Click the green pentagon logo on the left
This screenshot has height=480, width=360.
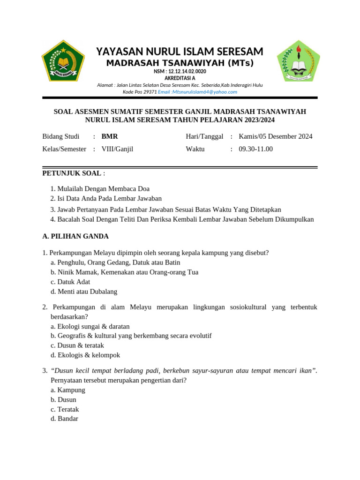click(x=63, y=61)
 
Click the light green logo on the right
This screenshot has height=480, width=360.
click(x=298, y=61)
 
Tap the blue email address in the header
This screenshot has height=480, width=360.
click(x=197, y=92)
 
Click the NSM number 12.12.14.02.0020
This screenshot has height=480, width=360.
click(x=180, y=71)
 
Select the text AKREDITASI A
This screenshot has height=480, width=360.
click(x=180, y=78)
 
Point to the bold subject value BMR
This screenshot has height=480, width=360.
click(x=110, y=136)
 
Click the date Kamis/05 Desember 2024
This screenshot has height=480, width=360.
click(x=276, y=136)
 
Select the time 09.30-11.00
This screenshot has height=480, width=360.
click(x=255, y=149)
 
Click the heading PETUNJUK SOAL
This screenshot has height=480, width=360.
click(x=72, y=173)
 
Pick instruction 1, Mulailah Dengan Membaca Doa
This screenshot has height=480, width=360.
click(x=103, y=188)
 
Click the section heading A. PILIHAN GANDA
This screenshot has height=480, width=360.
click(x=75, y=236)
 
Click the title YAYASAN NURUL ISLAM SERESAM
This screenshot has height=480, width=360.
click(x=180, y=51)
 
